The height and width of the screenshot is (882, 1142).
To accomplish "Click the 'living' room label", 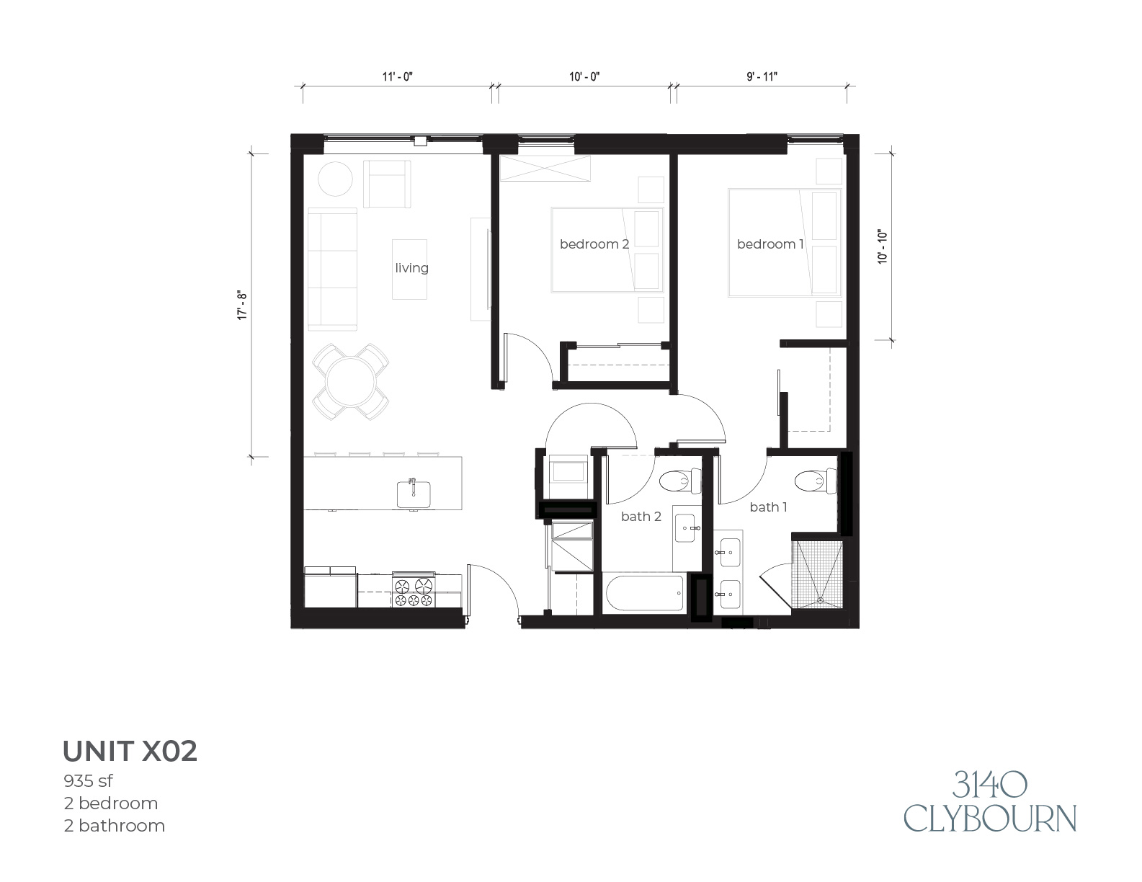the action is [x=411, y=268].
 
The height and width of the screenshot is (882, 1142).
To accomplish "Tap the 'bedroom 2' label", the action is [x=594, y=244].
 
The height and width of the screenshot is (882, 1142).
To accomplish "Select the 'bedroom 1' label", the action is [x=770, y=244].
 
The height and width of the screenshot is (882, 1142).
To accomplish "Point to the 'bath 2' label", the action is [x=641, y=516].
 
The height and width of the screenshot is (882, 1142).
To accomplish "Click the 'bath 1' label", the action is [x=768, y=507].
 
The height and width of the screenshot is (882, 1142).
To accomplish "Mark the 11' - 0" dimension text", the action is [x=397, y=76].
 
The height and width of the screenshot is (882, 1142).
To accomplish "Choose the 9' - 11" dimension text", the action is [x=762, y=76].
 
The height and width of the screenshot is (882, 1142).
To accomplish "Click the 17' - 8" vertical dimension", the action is [x=242, y=305].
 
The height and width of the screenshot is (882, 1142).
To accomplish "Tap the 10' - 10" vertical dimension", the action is [x=883, y=246].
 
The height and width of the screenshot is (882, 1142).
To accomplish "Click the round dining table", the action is [x=351, y=382].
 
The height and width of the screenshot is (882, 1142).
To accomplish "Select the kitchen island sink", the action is [x=414, y=494].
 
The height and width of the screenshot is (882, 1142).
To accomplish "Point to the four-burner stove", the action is [x=414, y=589].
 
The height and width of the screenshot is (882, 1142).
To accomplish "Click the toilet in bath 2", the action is [x=680, y=481].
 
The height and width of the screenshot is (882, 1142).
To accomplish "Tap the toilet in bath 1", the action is [x=816, y=481].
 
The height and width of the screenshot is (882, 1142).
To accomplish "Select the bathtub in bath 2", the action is [x=646, y=594].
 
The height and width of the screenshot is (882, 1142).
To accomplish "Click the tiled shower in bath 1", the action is [x=818, y=574].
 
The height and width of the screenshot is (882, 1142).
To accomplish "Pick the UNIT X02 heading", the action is [x=130, y=751].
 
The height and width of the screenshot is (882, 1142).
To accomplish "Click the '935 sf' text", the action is [x=89, y=781].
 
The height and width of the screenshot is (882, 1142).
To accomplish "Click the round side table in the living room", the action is [x=335, y=179].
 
